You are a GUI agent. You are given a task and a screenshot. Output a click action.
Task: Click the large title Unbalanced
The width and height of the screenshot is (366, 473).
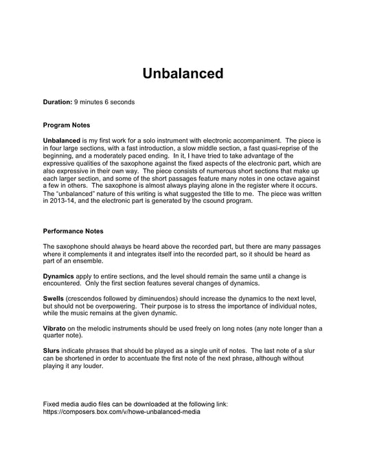183,73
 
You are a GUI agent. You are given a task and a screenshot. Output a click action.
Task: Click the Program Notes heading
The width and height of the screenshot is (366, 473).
66,125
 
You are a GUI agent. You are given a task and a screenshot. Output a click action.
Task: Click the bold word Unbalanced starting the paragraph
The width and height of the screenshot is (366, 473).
61,141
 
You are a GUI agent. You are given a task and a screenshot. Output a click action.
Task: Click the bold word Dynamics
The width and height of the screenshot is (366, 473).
60,276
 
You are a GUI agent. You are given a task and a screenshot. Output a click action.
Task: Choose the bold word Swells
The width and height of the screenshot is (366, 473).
53,299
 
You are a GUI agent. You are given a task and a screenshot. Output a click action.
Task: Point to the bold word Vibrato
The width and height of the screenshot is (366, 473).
54,329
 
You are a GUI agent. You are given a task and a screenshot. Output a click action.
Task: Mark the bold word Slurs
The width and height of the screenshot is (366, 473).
52,351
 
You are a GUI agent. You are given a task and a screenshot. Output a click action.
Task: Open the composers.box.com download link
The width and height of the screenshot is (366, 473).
123,413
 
